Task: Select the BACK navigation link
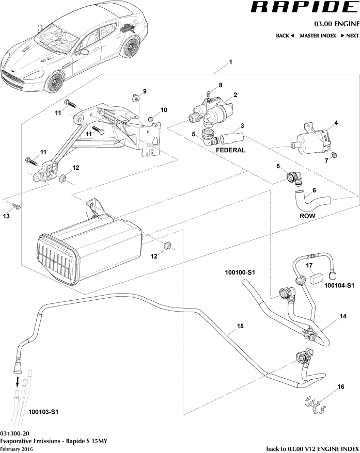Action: click(x=285, y=36)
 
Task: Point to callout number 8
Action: click(x=220, y=85)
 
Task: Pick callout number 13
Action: click(x=7, y=217)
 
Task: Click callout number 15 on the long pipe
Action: click(x=240, y=327)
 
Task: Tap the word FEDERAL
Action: click(x=230, y=150)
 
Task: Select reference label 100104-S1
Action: click(x=339, y=285)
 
